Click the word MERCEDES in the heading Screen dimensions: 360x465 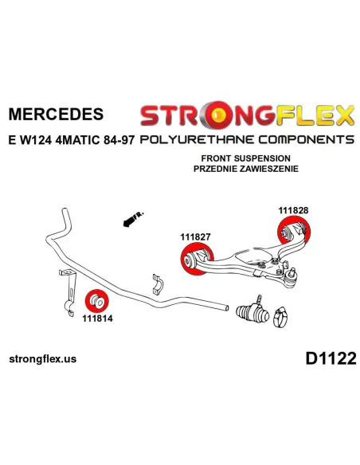coord(56,114)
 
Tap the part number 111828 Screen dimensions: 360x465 coord(293,210)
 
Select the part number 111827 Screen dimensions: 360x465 coord(195,237)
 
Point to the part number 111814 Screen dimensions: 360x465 coord(97,318)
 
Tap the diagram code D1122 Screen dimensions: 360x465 coord(331,358)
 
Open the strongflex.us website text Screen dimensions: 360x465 coord(43,359)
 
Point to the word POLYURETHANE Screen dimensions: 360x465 coord(197,139)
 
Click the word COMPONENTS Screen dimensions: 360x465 coord(307,139)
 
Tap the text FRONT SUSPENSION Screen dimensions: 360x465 coord(246,158)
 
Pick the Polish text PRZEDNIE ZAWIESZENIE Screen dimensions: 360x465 coord(246,169)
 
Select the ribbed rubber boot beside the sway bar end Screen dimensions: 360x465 coord(252,312)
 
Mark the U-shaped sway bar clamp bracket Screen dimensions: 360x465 coord(158,284)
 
